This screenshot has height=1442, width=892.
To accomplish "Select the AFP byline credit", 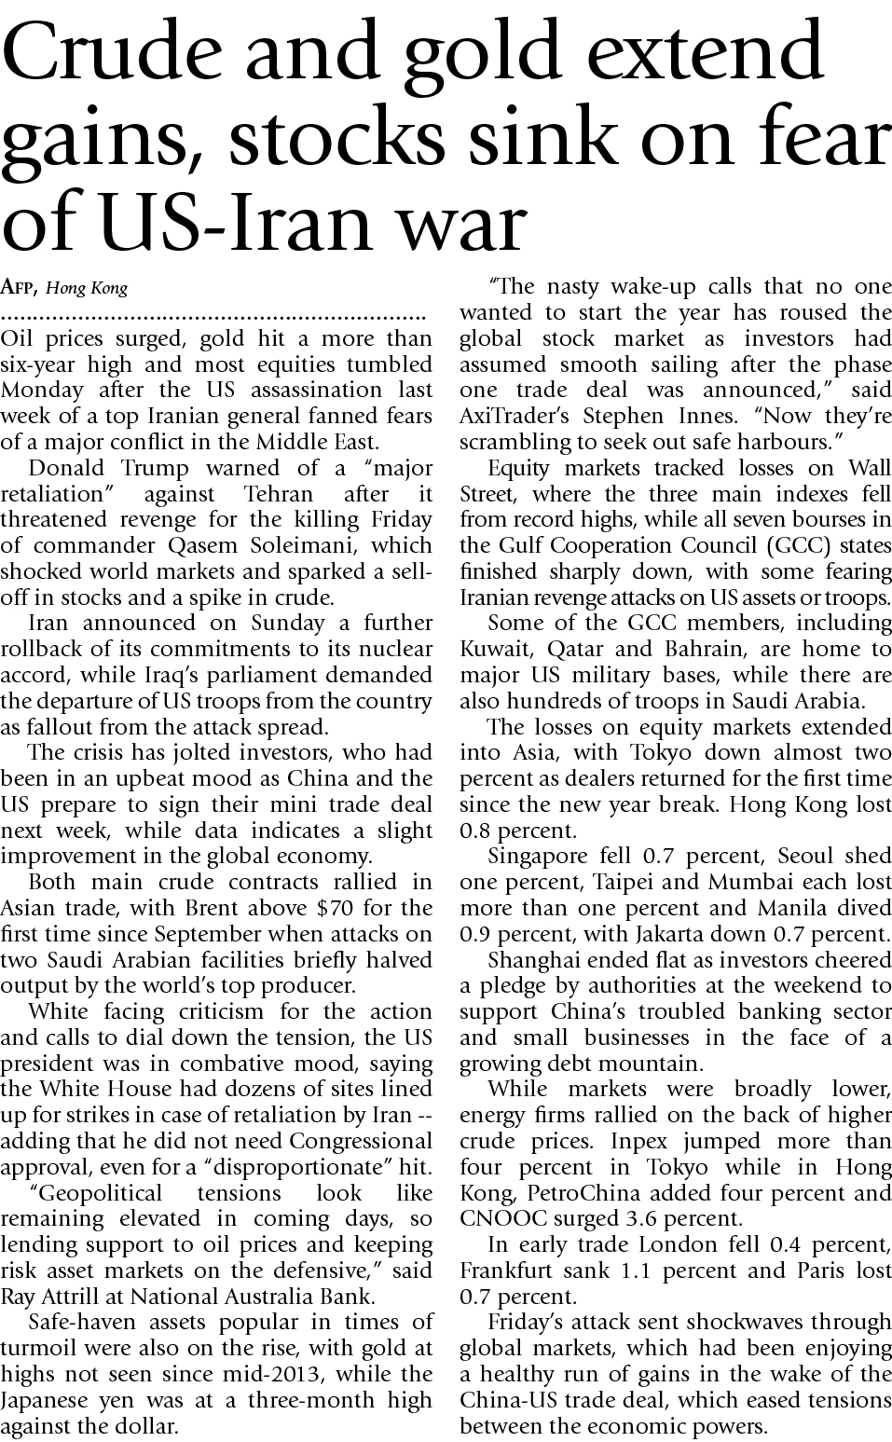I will tap(21, 287).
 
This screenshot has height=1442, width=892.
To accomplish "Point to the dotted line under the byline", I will tap(214, 314).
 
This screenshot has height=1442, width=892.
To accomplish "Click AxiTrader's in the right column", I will tap(516, 416).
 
